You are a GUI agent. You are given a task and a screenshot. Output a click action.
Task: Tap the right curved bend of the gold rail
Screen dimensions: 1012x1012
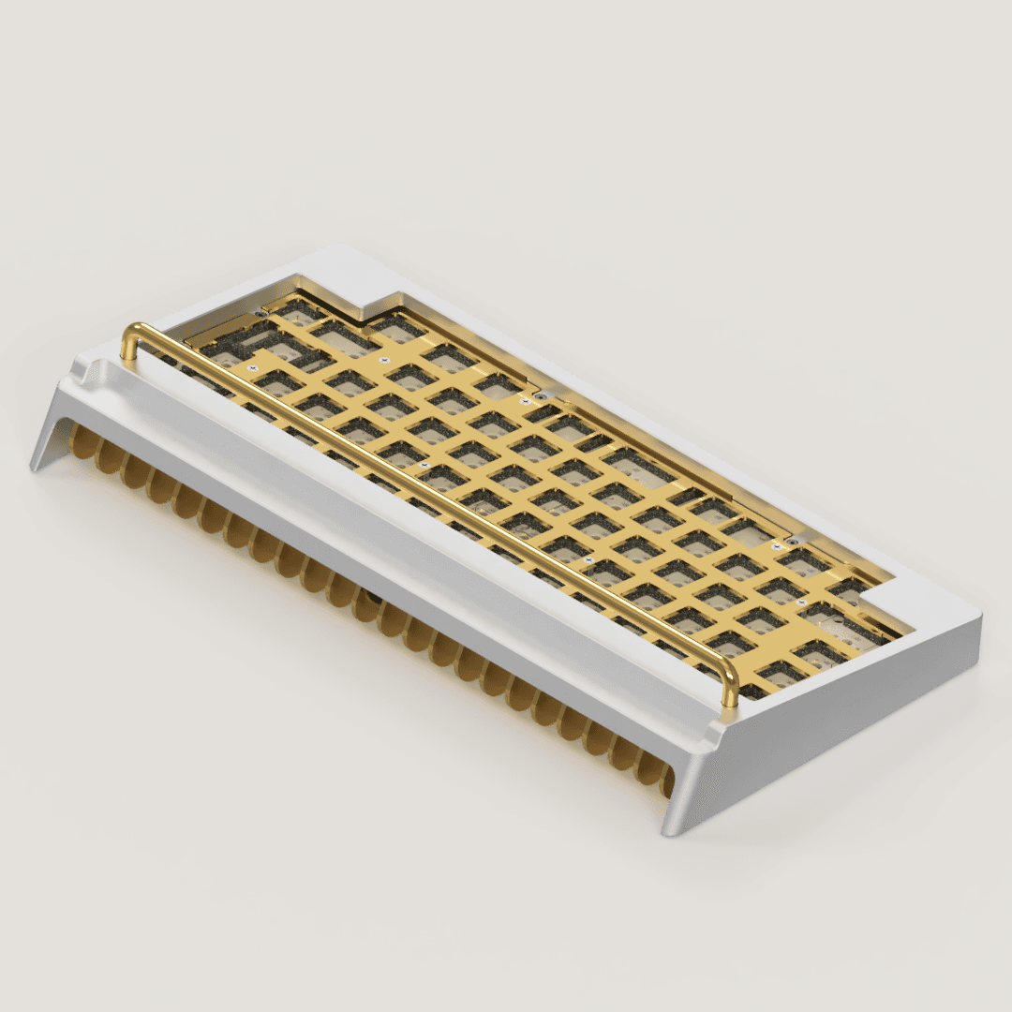(729, 666)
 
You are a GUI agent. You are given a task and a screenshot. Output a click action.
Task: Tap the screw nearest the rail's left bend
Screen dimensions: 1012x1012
(250, 369)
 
